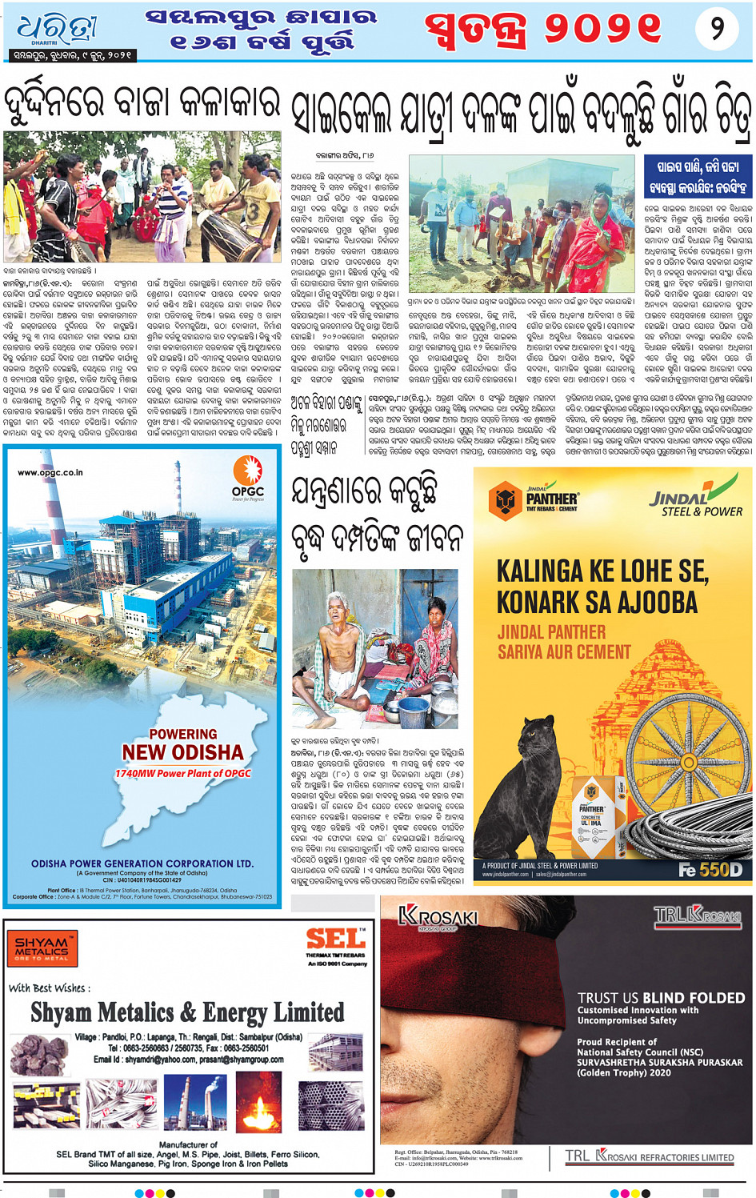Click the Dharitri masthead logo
pos(58,29)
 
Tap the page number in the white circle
pos(717,29)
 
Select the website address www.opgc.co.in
pos(50,473)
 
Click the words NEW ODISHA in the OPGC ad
pos(182,752)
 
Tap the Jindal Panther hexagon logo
pos(505,501)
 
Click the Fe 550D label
pos(710,870)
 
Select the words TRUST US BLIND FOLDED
pos(660,998)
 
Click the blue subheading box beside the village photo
pos(698,177)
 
